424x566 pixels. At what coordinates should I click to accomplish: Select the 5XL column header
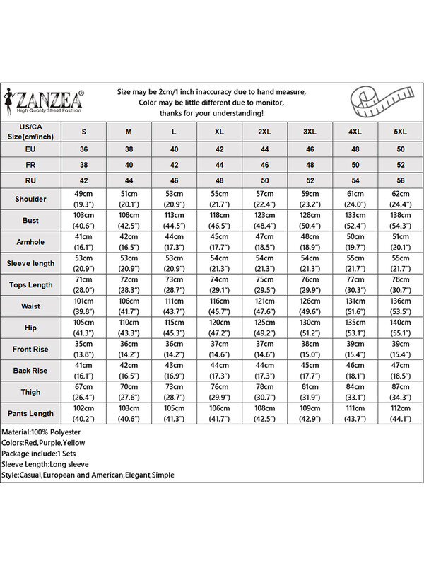[401, 132]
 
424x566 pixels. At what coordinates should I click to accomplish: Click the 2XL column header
[265, 132]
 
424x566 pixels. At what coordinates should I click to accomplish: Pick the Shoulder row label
[30, 199]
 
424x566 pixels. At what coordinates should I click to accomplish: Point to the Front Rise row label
[30, 349]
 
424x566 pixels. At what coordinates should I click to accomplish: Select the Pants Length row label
[30, 413]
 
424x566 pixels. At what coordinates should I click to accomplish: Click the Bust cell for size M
[129, 220]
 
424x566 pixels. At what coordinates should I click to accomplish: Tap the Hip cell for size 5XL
[401, 328]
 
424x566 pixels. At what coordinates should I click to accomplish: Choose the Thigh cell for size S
[84, 391]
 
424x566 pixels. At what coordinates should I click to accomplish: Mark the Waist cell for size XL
[220, 306]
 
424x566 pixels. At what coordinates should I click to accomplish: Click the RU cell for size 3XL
[310, 180]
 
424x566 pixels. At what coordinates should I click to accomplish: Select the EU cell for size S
[84, 149]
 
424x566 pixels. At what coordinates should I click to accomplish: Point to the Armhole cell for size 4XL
[355, 241]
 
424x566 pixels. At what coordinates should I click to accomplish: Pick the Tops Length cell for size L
[175, 284]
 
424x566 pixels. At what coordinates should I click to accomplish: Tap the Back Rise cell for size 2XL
[265, 370]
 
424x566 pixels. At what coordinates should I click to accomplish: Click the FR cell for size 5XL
[401, 165]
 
